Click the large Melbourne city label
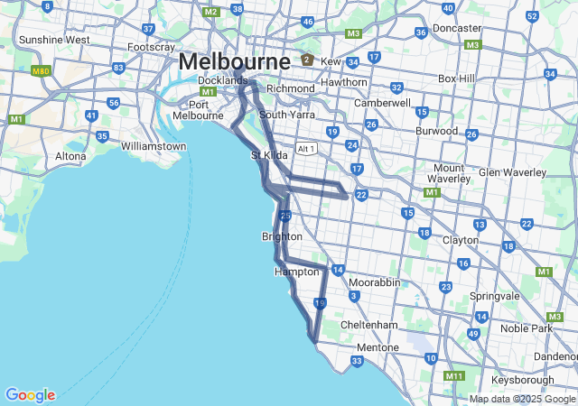(x=235, y=61)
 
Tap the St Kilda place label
(x=268, y=155)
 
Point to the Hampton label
(x=296, y=271)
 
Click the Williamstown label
(x=154, y=146)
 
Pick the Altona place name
(x=70, y=156)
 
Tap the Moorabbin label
(x=375, y=282)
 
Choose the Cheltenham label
(x=369, y=325)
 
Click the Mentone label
(x=378, y=347)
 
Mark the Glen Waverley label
(x=512, y=172)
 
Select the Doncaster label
(x=457, y=28)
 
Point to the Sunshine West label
(x=54, y=40)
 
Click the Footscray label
(x=151, y=47)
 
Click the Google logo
(x=30, y=395)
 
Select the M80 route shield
(x=41, y=69)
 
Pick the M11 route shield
(x=454, y=375)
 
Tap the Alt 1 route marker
(x=307, y=148)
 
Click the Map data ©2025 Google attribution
(x=522, y=399)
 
